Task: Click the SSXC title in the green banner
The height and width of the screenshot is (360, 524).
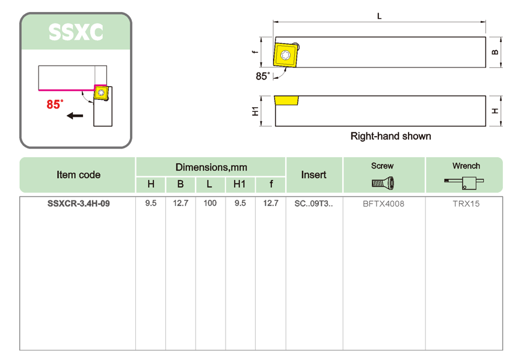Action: (x=76, y=33)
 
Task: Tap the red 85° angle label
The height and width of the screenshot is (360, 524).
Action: (x=55, y=104)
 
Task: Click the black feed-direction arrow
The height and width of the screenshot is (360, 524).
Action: (x=75, y=116)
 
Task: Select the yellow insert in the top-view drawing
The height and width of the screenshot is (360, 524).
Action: (x=286, y=55)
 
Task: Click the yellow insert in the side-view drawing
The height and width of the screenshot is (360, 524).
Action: (x=286, y=101)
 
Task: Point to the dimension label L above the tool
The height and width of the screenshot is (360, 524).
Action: (x=379, y=16)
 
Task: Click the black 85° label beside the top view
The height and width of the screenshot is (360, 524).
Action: (x=263, y=76)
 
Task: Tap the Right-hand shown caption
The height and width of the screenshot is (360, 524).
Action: (x=390, y=136)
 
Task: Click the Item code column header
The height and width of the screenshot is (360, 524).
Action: (x=79, y=175)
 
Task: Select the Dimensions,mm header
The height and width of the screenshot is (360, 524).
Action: (x=211, y=167)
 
